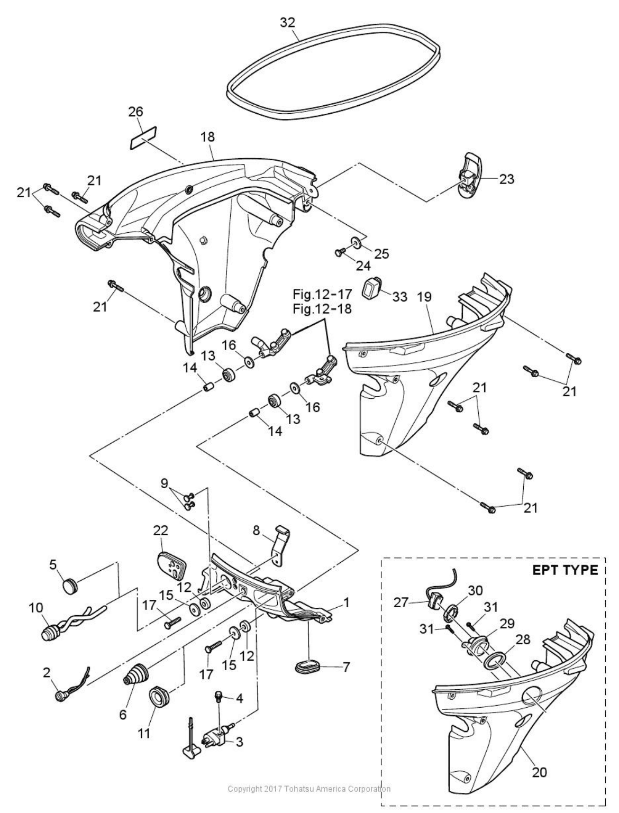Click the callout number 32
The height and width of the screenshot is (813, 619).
click(287, 23)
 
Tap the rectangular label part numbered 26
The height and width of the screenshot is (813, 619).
click(143, 138)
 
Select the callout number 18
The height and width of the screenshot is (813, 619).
click(207, 137)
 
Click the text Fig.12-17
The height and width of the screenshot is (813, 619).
click(322, 295)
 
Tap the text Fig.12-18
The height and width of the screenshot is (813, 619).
click(322, 308)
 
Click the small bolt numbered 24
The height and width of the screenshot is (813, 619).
click(339, 252)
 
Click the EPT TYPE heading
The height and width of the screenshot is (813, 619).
click(565, 570)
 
